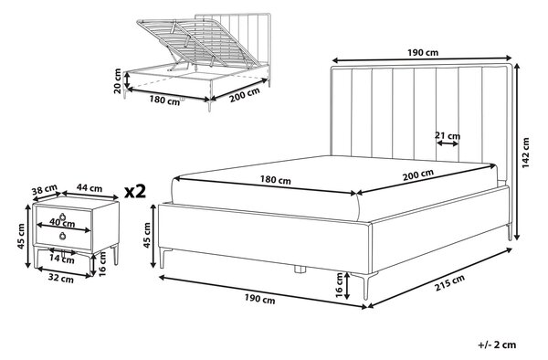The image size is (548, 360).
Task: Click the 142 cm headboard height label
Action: click(x=526, y=153)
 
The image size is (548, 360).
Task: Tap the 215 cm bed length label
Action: click(x=449, y=282)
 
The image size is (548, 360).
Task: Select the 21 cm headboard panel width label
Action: click(x=448, y=135)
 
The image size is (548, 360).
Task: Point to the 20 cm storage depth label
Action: click(x=118, y=81)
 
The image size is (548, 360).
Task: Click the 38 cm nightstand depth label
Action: click(x=45, y=190)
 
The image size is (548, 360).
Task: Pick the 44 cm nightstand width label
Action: click(x=90, y=188)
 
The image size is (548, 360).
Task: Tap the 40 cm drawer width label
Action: click(x=62, y=222)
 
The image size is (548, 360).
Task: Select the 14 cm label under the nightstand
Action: click(x=61, y=259)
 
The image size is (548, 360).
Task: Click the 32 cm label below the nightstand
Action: click(x=61, y=279)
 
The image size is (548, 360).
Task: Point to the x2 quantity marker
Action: click(x=135, y=192)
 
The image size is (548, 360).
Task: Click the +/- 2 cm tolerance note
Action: click(x=497, y=345)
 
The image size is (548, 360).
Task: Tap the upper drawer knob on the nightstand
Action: click(x=63, y=217)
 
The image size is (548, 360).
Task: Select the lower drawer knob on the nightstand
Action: click(x=63, y=237)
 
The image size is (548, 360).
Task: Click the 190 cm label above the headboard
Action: click(x=423, y=53)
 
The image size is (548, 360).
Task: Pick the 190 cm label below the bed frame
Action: click(x=259, y=299)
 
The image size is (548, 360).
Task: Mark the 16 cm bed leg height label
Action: click(x=339, y=285)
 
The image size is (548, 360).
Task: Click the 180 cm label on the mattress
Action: click(x=276, y=180)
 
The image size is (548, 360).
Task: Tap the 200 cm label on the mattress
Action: click(x=418, y=175)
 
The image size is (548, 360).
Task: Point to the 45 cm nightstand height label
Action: click(x=22, y=237)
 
